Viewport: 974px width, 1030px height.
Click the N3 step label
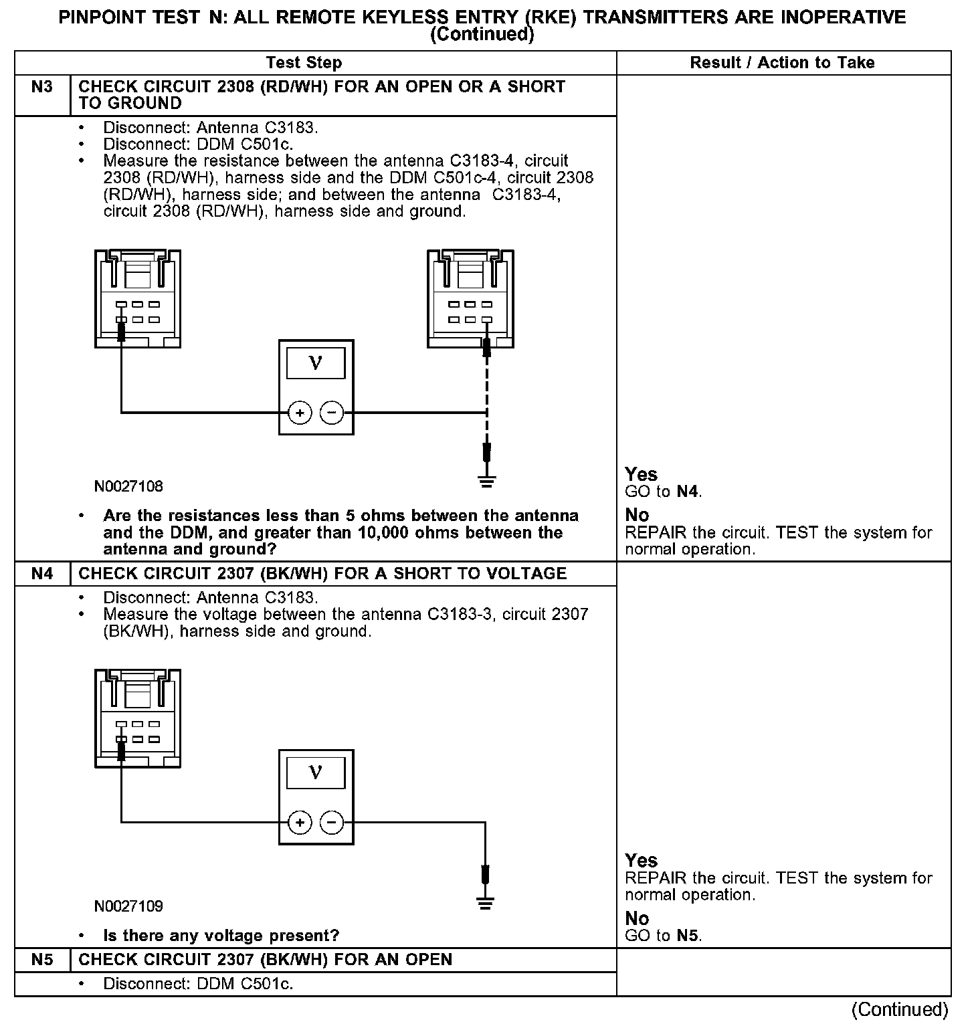pyautogui.click(x=41, y=87)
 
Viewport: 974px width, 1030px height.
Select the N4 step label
pyautogui.click(x=41, y=574)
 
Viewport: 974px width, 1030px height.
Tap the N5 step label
pyautogui.click(x=41, y=960)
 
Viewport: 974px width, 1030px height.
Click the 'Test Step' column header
pyautogui.click(x=304, y=63)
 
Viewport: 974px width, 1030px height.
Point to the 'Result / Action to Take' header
pyautogui.click(x=782, y=63)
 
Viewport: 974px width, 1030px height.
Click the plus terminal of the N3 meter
pyautogui.click(x=300, y=413)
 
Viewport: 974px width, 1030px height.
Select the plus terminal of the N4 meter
pyautogui.click(x=300, y=823)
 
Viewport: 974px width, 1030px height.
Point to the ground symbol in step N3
pyautogui.click(x=487, y=480)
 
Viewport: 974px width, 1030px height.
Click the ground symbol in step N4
pyautogui.click(x=486, y=902)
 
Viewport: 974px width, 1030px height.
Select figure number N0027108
pyautogui.click(x=128, y=486)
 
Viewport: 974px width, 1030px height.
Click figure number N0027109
pyautogui.click(x=128, y=906)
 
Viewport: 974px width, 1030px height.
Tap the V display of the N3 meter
pyautogui.click(x=316, y=364)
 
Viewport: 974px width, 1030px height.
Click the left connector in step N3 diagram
pyautogui.click(x=138, y=298)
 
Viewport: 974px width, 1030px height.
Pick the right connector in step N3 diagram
pyautogui.click(x=470, y=298)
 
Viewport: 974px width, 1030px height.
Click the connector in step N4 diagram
pyautogui.click(x=138, y=718)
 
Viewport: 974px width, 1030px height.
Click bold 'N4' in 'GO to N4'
pyautogui.click(x=688, y=492)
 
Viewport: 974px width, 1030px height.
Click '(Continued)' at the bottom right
pyautogui.click(x=900, y=1009)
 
